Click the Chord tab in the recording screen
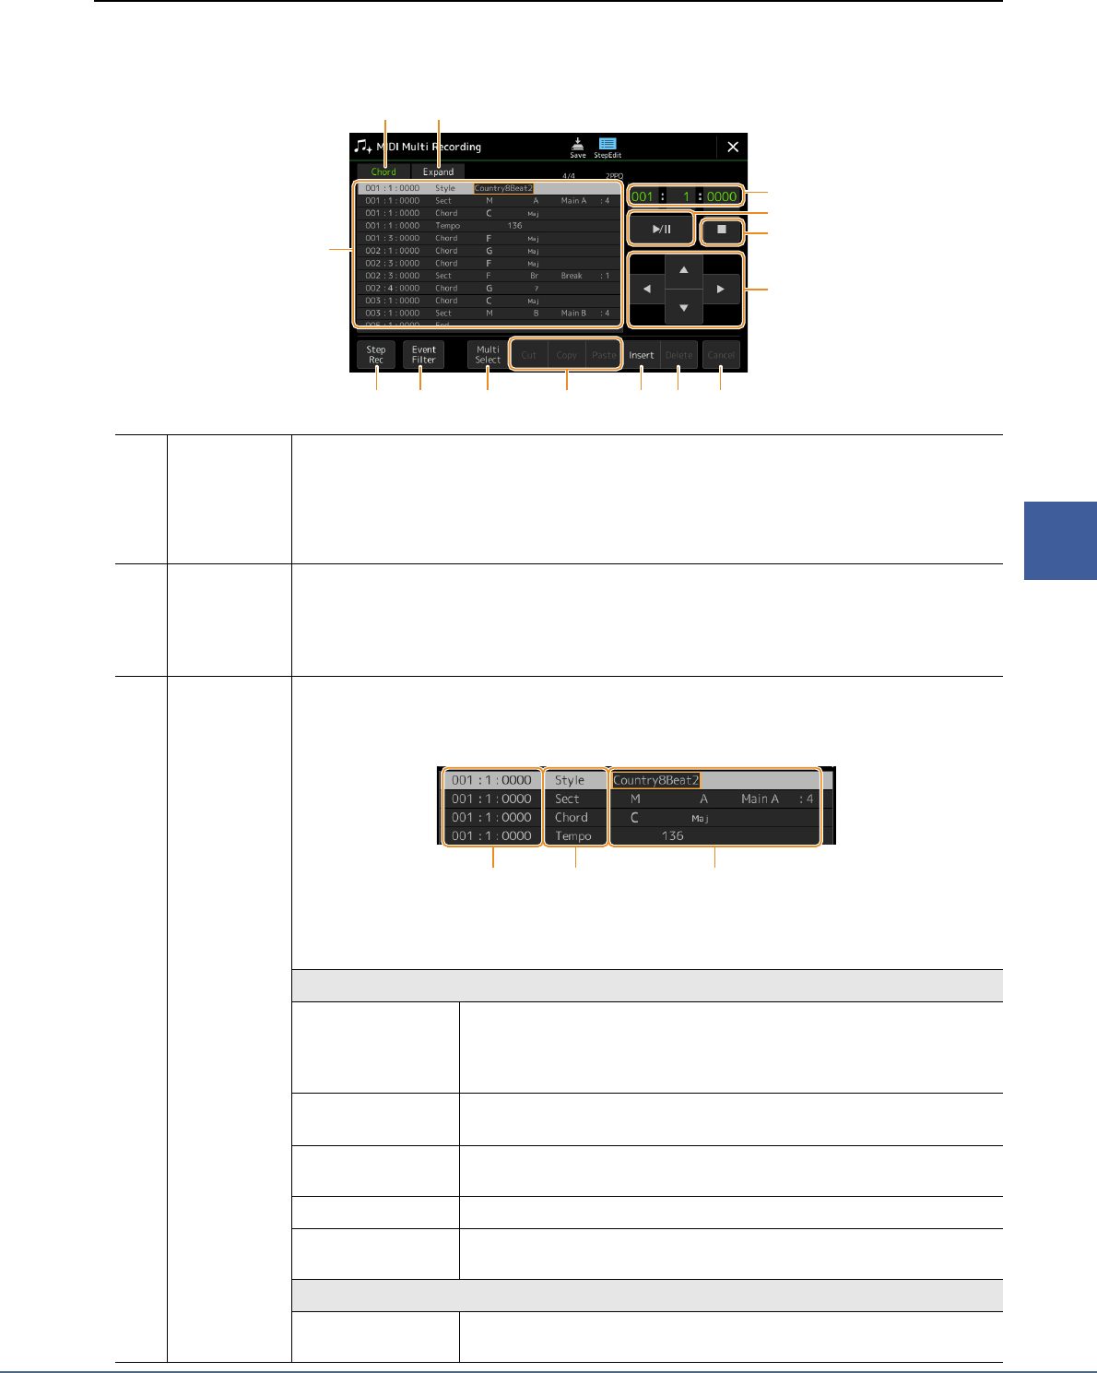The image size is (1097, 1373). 383,172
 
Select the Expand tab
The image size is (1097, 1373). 438,172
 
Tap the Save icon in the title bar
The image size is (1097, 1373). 577,148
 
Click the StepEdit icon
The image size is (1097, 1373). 607,148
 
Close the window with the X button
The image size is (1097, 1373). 733,147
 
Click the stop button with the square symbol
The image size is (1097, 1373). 722,230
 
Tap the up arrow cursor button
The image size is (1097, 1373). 683,270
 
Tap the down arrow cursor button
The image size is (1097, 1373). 683,308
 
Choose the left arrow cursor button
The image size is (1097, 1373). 646,289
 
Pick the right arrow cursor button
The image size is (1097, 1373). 721,289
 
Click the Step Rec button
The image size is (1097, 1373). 376,355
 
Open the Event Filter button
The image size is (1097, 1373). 423,355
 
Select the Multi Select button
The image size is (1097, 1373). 488,355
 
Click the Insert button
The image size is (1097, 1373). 642,355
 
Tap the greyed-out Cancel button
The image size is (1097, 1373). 721,355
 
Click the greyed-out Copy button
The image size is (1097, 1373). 566,355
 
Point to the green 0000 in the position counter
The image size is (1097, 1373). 722,196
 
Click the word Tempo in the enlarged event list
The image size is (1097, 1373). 573,836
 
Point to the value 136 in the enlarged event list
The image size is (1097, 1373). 673,836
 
